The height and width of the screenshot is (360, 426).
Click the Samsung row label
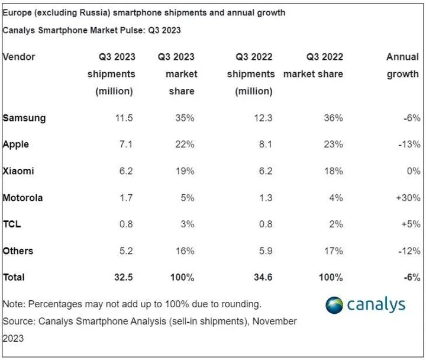[x=24, y=118]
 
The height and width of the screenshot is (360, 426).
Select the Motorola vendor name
[x=23, y=198]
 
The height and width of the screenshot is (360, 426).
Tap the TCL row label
[x=12, y=224]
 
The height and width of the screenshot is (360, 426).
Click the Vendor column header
[x=19, y=57]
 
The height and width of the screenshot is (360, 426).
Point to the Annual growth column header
[x=402, y=66]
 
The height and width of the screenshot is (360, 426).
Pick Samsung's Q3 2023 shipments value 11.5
[x=123, y=118]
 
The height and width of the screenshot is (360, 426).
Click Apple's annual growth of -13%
[x=409, y=144]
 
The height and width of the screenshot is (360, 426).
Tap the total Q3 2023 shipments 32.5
[x=122, y=277]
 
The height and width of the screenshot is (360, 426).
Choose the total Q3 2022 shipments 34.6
[x=262, y=277]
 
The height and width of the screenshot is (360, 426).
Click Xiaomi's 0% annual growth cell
[x=413, y=171]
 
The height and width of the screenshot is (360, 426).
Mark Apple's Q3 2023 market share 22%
[x=185, y=144]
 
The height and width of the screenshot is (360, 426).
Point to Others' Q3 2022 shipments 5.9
[x=263, y=250]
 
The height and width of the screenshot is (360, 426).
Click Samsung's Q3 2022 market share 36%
[x=333, y=118]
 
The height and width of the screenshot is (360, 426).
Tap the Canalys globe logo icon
[x=334, y=305]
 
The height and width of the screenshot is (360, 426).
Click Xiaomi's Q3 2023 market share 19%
[x=185, y=171]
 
